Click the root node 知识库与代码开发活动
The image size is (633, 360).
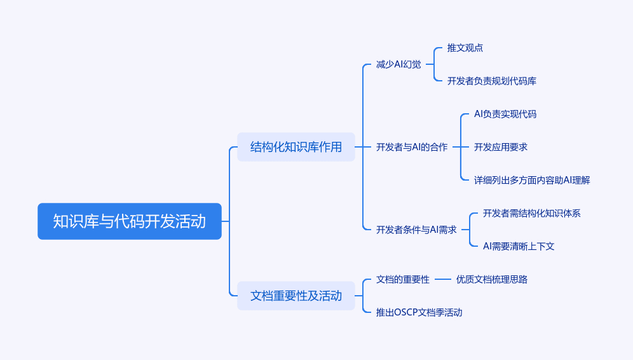[130, 221]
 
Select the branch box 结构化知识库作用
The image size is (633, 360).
[296, 147]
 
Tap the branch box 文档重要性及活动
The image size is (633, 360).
[296, 296]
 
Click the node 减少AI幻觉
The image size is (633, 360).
[398, 64]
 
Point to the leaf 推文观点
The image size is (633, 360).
[465, 48]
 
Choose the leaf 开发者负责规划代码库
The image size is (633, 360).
[492, 81]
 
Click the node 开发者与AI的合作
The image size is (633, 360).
[412, 147]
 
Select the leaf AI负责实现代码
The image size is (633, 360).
[505, 114]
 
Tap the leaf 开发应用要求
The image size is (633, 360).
[501, 147]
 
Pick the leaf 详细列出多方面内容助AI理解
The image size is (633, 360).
[532, 180]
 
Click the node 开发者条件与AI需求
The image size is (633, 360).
[416, 230]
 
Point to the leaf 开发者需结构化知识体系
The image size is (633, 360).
[532, 213]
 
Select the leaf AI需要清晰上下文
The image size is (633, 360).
[519, 246]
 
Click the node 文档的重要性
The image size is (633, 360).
[403, 279]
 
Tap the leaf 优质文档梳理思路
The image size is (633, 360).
[492, 279]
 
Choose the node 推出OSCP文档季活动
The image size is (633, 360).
[419, 312]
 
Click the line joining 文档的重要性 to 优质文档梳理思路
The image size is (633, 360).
[443, 279]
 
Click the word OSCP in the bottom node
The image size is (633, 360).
[405, 312]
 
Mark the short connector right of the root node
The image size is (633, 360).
[225, 221]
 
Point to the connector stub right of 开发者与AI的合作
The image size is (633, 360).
[456, 147]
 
